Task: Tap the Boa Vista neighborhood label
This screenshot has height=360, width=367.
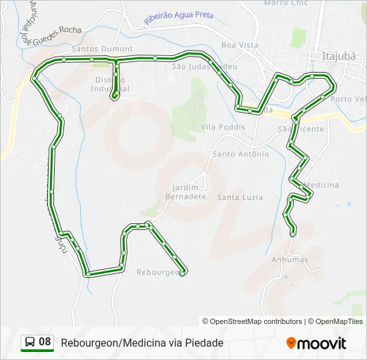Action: (x=240, y=45)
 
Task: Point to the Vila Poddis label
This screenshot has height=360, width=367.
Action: (x=223, y=127)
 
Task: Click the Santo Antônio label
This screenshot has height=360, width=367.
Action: (x=240, y=154)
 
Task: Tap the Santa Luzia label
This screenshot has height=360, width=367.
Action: (x=240, y=197)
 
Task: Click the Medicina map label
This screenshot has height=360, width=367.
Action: (x=324, y=185)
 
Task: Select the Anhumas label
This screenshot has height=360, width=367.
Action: (x=290, y=259)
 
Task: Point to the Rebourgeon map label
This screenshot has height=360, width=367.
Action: (x=157, y=272)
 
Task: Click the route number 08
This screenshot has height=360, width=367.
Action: (x=45, y=342)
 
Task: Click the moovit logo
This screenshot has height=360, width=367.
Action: (x=316, y=343)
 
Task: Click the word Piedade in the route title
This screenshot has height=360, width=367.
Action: (x=204, y=343)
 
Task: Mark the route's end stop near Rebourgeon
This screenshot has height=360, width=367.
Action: (x=183, y=271)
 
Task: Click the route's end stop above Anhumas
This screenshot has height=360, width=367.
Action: (x=292, y=233)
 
